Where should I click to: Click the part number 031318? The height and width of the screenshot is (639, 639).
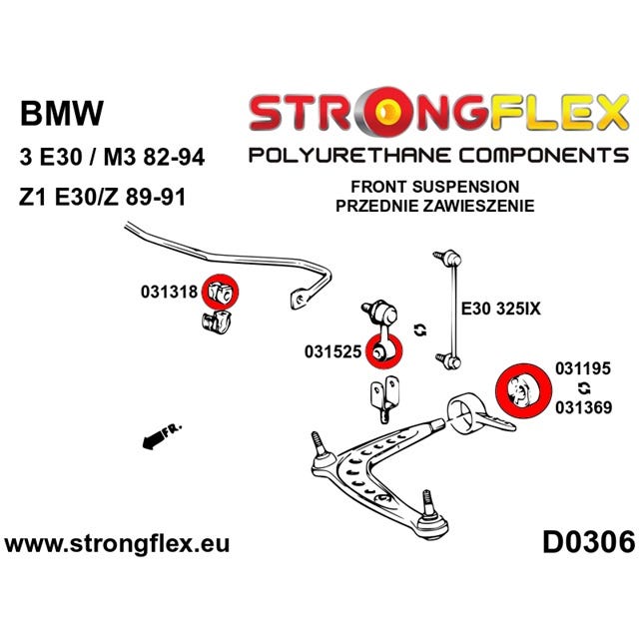pos(169,292)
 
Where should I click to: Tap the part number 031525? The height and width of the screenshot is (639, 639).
pos(332,351)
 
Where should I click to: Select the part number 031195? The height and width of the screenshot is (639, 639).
pos(583,368)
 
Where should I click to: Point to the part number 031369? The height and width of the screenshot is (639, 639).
pos(583,407)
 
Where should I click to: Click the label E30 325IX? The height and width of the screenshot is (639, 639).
pos(500,309)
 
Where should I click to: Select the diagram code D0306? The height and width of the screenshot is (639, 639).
pos(589,543)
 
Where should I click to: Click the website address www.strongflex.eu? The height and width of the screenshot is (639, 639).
pos(117,544)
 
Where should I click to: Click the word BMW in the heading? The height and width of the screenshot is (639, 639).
pos(62,113)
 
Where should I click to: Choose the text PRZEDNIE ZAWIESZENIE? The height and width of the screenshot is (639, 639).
pos(435,206)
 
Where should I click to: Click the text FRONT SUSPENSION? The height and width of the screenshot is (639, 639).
pos(435,187)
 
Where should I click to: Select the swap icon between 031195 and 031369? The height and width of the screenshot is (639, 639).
pos(584,388)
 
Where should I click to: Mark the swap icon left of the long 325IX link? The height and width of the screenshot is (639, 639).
pos(420,329)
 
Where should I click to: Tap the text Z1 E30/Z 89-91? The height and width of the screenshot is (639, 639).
pos(102,197)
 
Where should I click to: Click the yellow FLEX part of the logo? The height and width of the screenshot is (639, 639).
pos(559,113)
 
